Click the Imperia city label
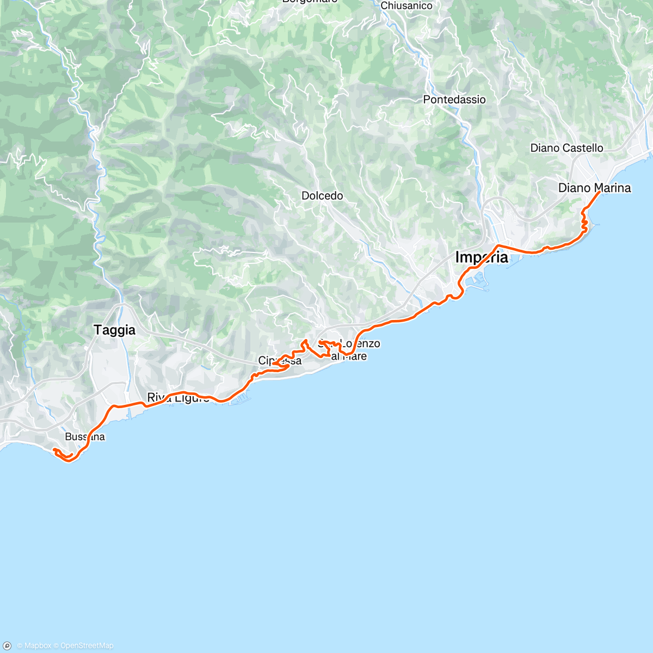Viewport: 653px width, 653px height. tap(482, 257)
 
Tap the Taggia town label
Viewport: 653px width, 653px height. tap(114, 330)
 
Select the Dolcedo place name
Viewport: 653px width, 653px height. tap(322, 196)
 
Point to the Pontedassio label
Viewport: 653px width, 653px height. tap(454, 100)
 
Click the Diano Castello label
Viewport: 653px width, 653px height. tap(566, 148)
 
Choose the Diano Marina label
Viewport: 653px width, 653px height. tap(594, 188)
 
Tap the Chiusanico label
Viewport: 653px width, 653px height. tap(406, 5)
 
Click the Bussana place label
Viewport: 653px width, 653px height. tap(84, 437)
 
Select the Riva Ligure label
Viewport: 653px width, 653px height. tap(178, 398)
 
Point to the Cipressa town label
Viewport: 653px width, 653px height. tap(280, 361)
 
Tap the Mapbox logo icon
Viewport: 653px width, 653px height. tap(8, 645)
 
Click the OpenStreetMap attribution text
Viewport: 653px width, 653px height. tap(87, 646)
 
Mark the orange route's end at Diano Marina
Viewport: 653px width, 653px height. tap(599, 192)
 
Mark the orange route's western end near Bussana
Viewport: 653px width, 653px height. tap(53, 449)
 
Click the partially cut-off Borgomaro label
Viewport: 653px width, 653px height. tap(309, 2)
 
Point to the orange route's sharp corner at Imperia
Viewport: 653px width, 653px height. tap(497, 246)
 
